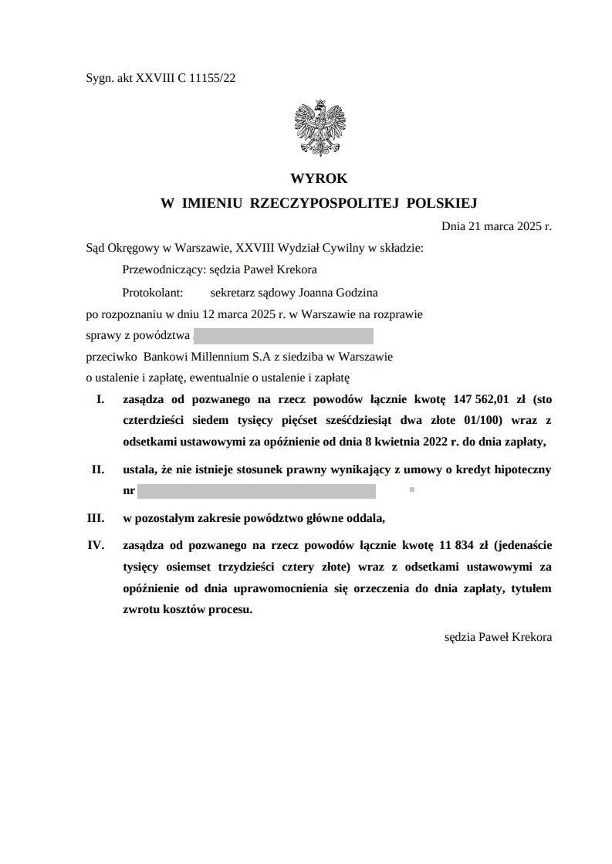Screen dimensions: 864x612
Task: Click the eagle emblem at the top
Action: (x=319, y=128)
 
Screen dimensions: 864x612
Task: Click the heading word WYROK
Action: (x=319, y=178)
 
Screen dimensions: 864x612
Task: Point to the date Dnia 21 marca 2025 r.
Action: (x=496, y=226)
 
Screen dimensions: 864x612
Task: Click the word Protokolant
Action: (x=152, y=292)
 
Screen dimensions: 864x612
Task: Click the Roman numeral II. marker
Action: (x=98, y=469)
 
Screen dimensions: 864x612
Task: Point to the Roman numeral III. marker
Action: (x=96, y=517)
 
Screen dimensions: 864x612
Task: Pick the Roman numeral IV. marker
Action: (x=96, y=545)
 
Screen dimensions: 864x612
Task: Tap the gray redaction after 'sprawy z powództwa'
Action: (x=284, y=336)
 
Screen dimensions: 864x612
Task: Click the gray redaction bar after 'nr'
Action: (x=256, y=491)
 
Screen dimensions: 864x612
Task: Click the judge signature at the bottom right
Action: (x=498, y=638)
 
